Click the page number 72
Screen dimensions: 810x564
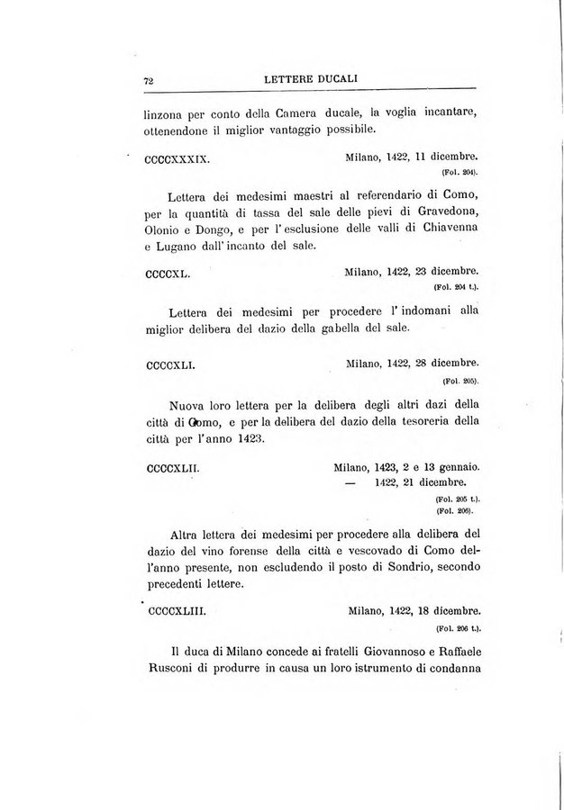150,80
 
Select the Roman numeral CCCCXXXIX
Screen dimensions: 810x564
177,158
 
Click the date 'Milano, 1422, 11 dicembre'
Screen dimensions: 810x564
411,157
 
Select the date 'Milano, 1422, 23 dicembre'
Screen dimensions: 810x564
411,270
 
